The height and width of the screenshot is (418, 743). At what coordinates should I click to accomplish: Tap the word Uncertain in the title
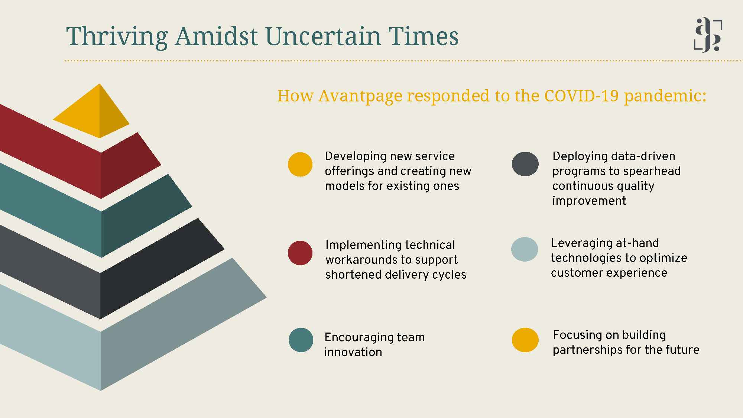pos(323,36)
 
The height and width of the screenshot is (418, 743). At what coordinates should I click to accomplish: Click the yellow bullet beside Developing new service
pos(300,164)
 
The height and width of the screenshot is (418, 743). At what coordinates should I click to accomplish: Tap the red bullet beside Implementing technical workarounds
pos(300,253)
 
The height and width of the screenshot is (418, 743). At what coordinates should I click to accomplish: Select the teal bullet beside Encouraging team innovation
pos(301,340)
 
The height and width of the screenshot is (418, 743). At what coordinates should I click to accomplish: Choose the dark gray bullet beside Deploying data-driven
pos(525,164)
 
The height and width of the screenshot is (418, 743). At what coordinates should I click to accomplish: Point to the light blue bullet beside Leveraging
pos(525,249)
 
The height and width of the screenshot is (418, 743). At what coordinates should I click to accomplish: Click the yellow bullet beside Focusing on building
pos(525,340)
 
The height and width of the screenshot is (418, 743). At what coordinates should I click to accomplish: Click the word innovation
pos(353,352)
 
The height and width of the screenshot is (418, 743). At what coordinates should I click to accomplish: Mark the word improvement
pos(589,201)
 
